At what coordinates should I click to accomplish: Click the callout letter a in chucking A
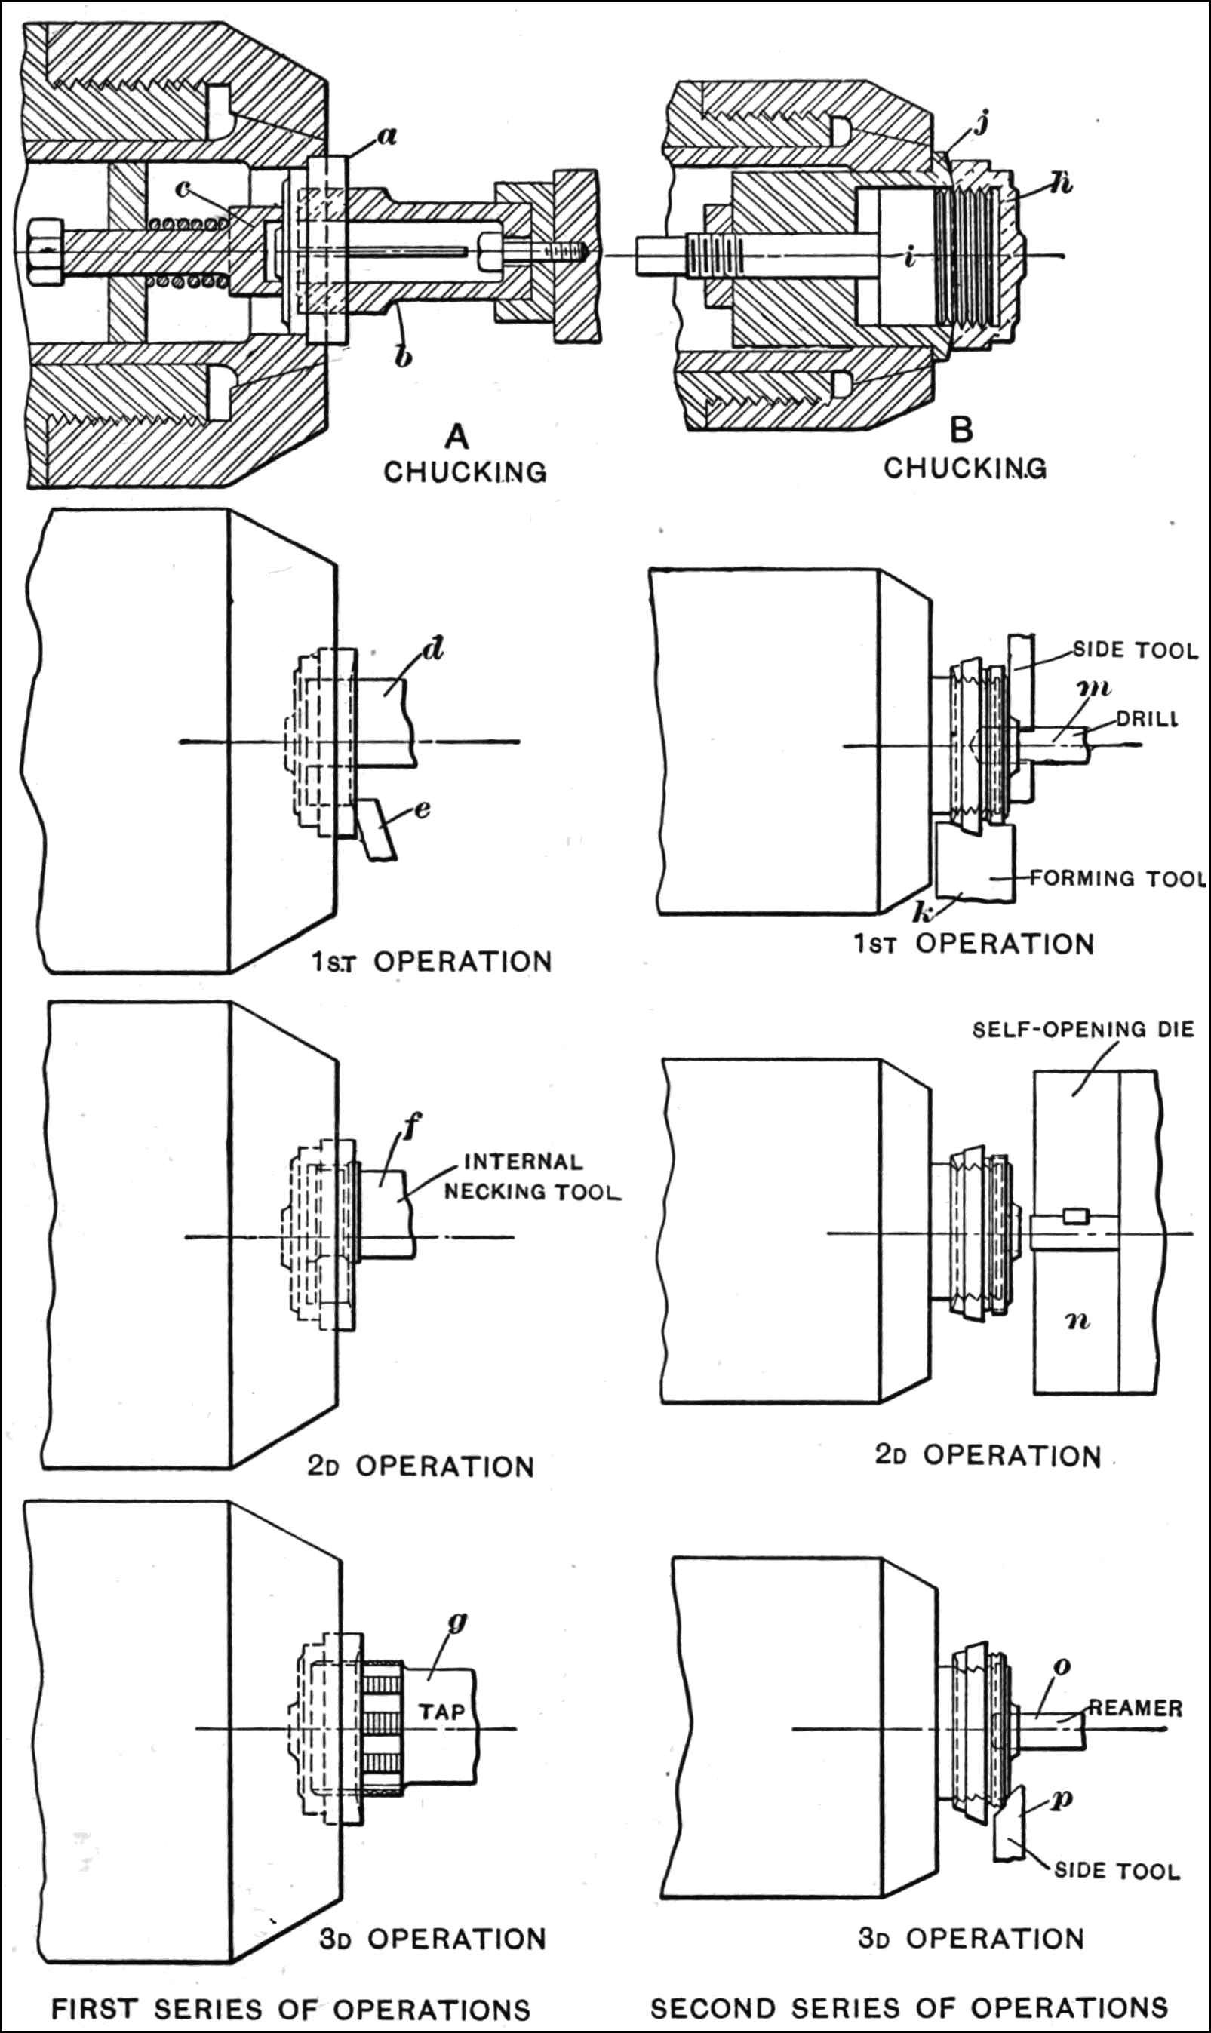pos(387,136)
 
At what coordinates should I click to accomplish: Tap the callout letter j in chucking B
pos(982,123)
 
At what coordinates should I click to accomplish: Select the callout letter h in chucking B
pos(1061,183)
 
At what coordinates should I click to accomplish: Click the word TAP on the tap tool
pos(441,1712)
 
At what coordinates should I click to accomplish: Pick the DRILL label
pos(1147,719)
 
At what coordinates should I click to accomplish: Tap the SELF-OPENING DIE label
pos(1083,1030)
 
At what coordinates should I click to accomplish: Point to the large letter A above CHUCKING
pos(457,437)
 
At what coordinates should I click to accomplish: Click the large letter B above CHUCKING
pos(963,430)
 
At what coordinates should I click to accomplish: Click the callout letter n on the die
pos(1078,1320)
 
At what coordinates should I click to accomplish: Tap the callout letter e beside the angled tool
pos(422,809)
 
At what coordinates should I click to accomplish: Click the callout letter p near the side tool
pos(1062,1799)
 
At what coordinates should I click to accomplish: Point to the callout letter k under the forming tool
pos(923,913)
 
